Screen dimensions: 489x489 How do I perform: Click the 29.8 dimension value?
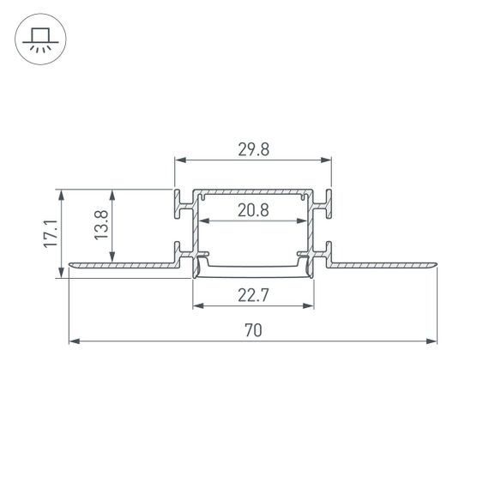pos(253,149)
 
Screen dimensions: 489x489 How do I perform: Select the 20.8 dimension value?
pos(253,210)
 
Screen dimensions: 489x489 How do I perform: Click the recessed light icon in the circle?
pos(39,39)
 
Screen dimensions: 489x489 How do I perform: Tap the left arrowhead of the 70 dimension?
pos(73,341)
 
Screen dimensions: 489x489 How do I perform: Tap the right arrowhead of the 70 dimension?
pos(432,341)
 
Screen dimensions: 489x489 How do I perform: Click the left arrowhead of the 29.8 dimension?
pos(179,160)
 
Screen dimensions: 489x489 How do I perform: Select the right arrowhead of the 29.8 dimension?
pos(327,160)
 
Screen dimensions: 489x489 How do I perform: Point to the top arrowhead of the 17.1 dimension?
pos(62,194)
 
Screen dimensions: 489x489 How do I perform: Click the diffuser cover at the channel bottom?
pos(253,269)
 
